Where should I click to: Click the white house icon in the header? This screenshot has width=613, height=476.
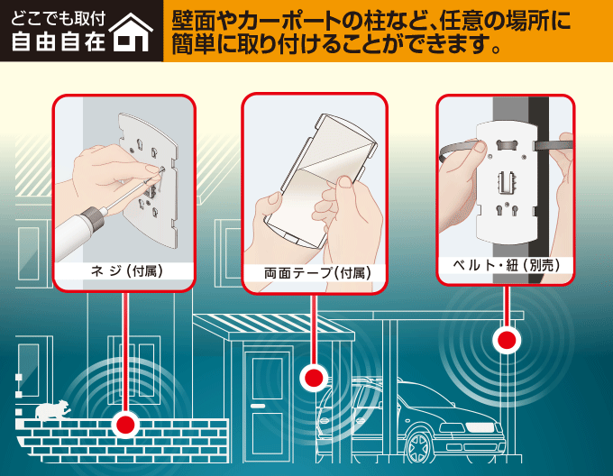131,32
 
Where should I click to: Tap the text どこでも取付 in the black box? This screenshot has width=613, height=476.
59,19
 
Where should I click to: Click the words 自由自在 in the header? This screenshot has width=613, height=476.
59,41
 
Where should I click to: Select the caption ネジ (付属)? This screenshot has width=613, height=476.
127,270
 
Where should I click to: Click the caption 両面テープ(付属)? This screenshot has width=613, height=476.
317,273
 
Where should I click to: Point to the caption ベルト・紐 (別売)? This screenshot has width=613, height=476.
507,265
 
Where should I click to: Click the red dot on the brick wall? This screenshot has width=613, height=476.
125,425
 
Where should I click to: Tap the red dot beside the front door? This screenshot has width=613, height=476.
314,378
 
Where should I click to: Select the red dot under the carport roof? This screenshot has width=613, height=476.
507,340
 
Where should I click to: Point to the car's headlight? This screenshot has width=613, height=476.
483,426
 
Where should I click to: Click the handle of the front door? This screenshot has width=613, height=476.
258,406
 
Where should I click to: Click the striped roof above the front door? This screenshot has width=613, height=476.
274,326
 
